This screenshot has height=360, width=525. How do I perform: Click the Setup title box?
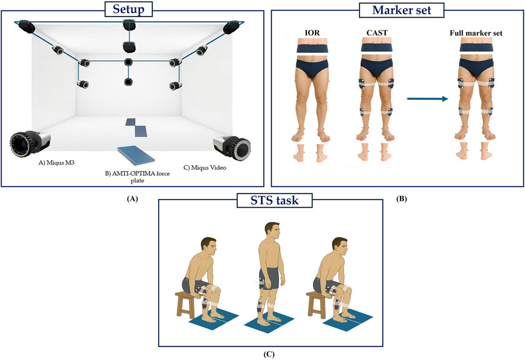tap(128, 9)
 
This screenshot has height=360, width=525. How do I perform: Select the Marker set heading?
tap(401, 10)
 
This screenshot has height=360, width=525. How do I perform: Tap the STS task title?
tap(274, 200)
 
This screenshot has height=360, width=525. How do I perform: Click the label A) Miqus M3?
tap(56, 163)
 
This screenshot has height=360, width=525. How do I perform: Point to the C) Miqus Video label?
tap(204, 167)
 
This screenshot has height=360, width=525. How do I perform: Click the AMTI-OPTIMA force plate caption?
tap(138, 177)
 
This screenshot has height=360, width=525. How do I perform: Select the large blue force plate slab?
tap(136, 155)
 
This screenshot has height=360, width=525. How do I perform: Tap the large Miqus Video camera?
tap(232, 146)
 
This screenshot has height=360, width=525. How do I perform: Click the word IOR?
tap(312, 33)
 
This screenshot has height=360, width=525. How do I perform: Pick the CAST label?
tap(377, 33)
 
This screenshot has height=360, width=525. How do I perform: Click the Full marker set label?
tap(476, 33)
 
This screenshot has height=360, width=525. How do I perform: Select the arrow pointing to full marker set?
tap(427, 99)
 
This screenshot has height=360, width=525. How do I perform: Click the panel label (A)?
tap(132, 199)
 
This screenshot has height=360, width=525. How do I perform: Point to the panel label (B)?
tap(401, 199)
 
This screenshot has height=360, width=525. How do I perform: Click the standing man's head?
tap(272, 231)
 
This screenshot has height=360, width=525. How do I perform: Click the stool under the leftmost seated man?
tap(186, 304)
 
